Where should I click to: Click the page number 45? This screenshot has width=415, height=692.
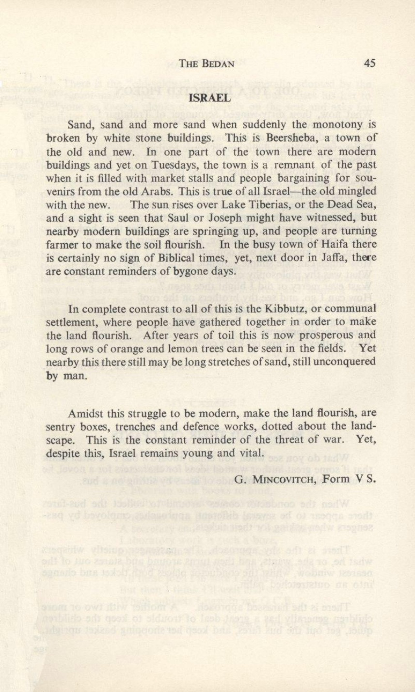(x=370, y=63)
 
